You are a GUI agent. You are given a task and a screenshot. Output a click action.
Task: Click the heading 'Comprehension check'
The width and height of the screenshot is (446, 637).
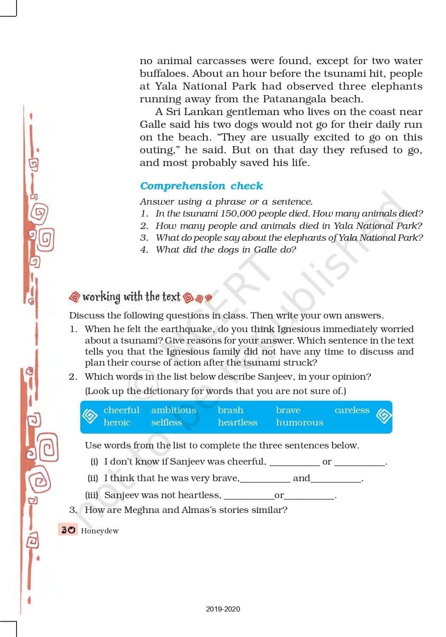201,186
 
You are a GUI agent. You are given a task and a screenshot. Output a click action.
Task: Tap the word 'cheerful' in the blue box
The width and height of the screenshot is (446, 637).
121,410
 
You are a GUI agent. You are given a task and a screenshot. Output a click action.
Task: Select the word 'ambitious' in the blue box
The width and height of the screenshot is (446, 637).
174,410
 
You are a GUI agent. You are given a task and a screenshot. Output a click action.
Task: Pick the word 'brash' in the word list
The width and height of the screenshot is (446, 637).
231,410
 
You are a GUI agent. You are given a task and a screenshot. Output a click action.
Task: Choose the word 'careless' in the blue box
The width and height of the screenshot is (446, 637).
352,410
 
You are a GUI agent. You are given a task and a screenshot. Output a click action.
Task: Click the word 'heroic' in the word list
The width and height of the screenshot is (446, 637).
117,423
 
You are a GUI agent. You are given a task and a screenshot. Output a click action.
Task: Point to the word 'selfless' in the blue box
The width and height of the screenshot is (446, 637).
167,423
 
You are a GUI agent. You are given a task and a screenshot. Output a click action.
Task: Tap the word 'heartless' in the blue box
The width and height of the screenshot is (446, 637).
237,423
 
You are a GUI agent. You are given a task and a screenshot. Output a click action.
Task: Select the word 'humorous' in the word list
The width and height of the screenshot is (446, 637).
299,423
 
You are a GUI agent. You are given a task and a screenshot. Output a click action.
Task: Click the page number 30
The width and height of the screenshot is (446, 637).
68,530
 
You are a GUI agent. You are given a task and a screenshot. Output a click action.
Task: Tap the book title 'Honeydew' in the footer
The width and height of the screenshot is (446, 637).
100,531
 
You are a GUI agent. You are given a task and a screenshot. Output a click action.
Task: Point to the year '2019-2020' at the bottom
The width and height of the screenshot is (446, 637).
223,609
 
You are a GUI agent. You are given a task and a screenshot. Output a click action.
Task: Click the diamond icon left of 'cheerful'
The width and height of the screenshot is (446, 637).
90,416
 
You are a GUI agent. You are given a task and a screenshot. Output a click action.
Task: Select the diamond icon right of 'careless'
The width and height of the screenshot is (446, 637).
384,416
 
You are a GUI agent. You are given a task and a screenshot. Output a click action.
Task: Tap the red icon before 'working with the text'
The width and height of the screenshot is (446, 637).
74,296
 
